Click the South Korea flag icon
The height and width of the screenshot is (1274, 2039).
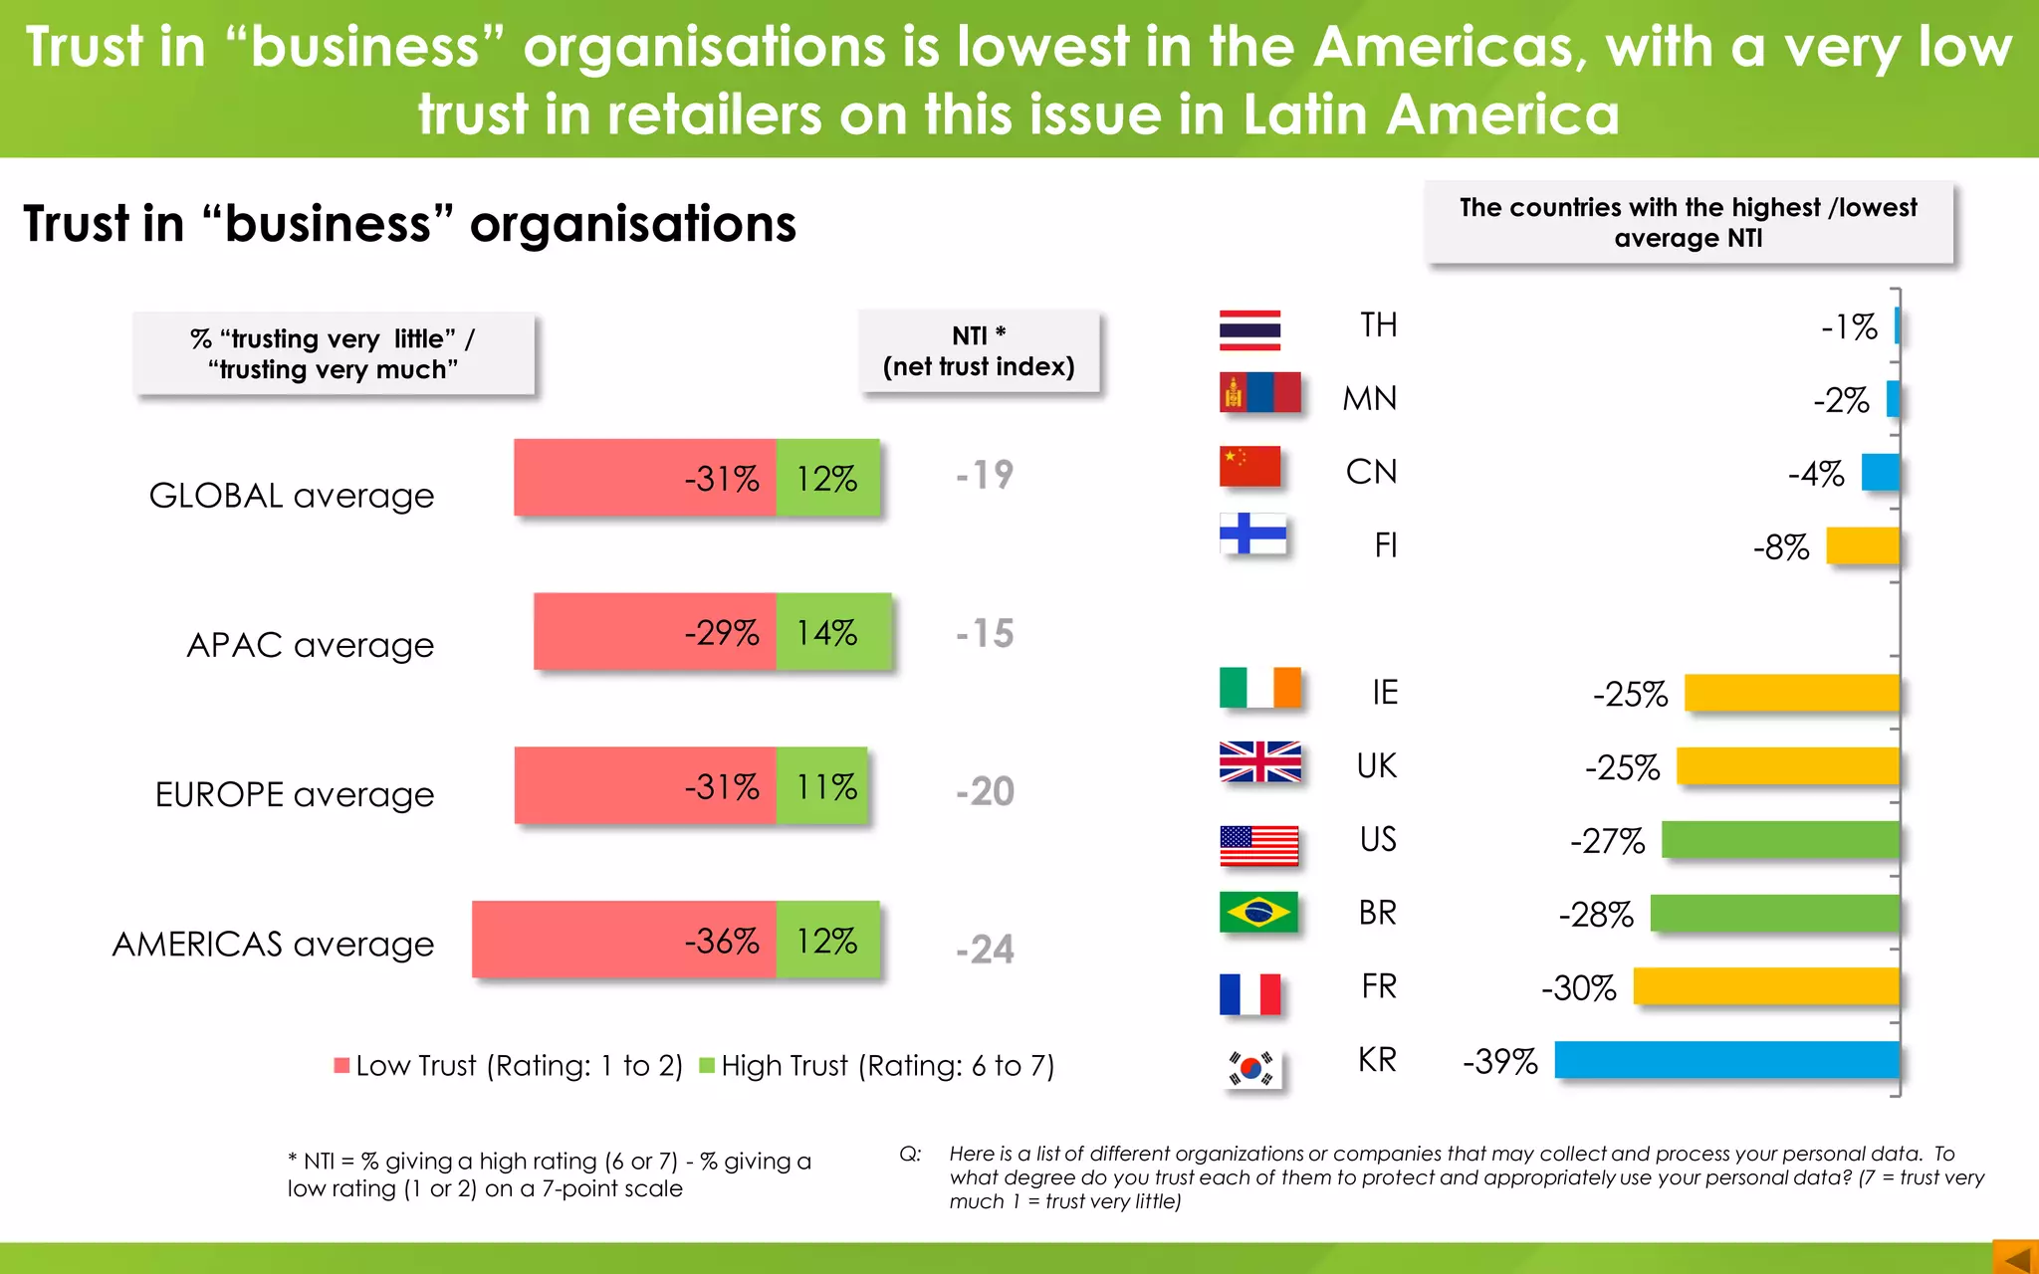pyautogui.click(x=1251, y=1069)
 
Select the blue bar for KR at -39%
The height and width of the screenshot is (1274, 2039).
pyautogui.click(x=1726, y=1060)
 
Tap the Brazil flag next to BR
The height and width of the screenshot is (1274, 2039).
pyautogui.click(x=1258, y=912)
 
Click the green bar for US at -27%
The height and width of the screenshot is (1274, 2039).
pyautogui.click(x=1780, y=840)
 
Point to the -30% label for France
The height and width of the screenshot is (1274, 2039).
pyautogui.click(x=1578, y=987)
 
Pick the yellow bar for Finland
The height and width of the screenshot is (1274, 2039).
pyautogui.click(x=1862, y=546)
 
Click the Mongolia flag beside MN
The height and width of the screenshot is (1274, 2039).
pyautogui.click(x=1259, y=393)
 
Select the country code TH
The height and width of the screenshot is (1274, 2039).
pyautogui.click(x=1378, y=324)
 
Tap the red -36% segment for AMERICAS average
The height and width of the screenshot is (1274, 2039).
pyautogui.click(x=624, y=940)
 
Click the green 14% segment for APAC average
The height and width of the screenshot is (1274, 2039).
pyautogui.click(x=832, y=632)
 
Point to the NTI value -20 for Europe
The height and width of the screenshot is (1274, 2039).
pyautogui.click(x=985, y=791)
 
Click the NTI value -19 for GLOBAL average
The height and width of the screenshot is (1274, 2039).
pyautogui.click(x=985, y=475)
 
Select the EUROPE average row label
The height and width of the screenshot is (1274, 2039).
pyautogui.click(x=295, y=794)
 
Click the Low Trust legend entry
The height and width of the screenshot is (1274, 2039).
pyautogui.click(x=508, y=1066)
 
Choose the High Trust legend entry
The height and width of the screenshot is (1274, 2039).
pyautogui.click(x=876, y=1066)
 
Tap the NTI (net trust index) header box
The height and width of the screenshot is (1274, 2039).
pyautogui.click(x=979, y=351)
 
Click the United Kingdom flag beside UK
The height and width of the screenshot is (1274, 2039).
pyautogui.click(x=1259, y=762)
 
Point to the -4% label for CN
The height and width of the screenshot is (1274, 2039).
pyautogui.click(x=1816, y=473)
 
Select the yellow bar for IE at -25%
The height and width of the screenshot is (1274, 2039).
pyautogui.click(x=1791, y=693)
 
